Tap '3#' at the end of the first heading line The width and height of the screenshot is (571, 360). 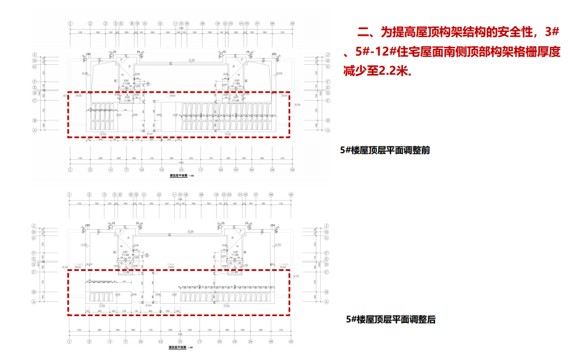tap(552, 32)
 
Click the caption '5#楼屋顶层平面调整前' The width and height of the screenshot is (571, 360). tap(384, 150)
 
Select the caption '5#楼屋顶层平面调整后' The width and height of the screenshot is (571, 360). tap(391, 319)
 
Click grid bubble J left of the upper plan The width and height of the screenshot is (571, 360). tap(35, 54)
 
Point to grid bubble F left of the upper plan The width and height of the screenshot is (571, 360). tap(35, 81)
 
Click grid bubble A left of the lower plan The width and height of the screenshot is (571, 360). tap(35, 303)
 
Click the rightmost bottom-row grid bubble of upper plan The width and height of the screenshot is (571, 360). tap(291, 168)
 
